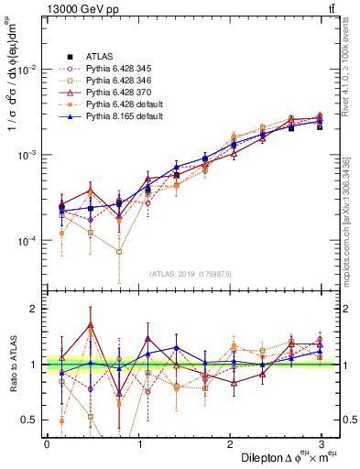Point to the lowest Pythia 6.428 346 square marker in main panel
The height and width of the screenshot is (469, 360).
click(119, 251)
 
